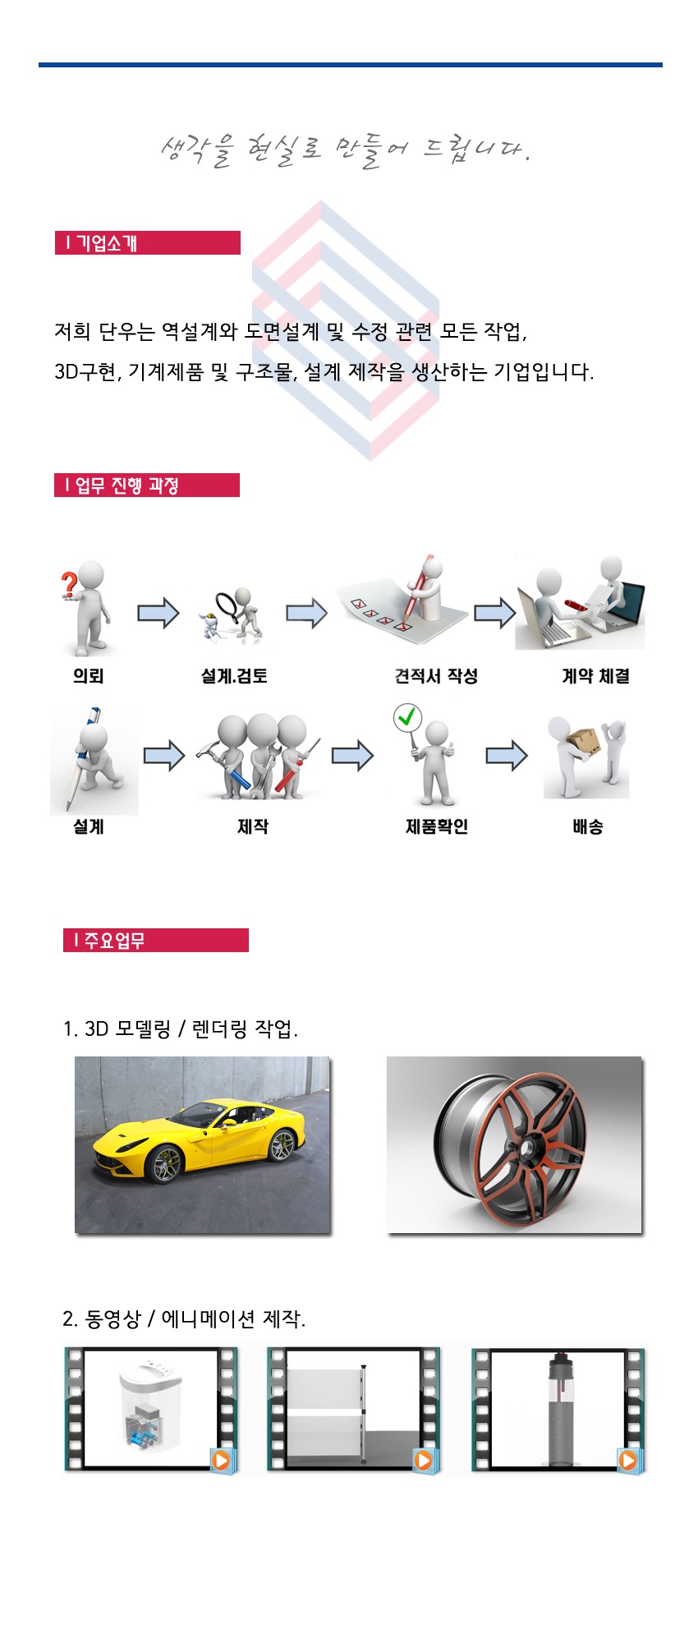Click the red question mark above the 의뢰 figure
[70, 584]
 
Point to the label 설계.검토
[234, 676]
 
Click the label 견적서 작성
[436, 676]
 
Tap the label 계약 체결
[596, 676]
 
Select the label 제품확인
[437, 826]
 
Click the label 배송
[588, 826]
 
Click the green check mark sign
[407, 717]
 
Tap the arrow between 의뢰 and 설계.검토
[158, 613]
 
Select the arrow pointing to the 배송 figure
[507, 756]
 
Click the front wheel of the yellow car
[167, 1166]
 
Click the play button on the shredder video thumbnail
[221, 1460]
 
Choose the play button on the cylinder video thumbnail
[628, 1460]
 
